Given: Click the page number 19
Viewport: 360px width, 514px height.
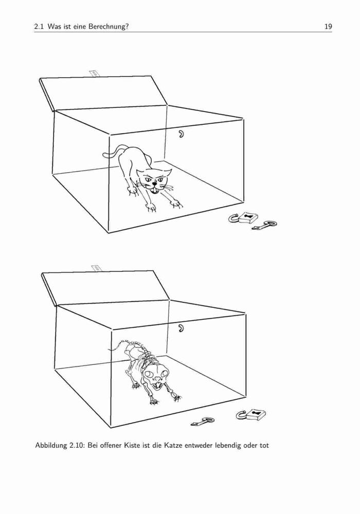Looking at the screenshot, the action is pos(328,27).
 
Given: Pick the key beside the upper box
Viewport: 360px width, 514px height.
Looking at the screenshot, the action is pos(265,225).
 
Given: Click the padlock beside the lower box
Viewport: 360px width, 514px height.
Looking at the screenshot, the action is pos(251,415).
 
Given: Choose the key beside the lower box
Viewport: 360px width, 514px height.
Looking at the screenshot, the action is pos(203,421).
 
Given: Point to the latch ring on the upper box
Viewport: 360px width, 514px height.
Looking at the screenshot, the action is pos(181,134).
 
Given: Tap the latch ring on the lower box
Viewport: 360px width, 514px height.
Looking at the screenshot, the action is pos(181,328).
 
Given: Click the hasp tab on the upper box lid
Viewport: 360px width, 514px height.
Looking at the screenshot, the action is pos(95,73).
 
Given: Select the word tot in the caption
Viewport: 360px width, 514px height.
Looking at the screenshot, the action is pos(264,446).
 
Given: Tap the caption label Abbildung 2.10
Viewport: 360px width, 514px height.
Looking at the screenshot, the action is pos(60,446).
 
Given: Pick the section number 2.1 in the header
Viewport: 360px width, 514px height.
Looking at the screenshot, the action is pos(39,27).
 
